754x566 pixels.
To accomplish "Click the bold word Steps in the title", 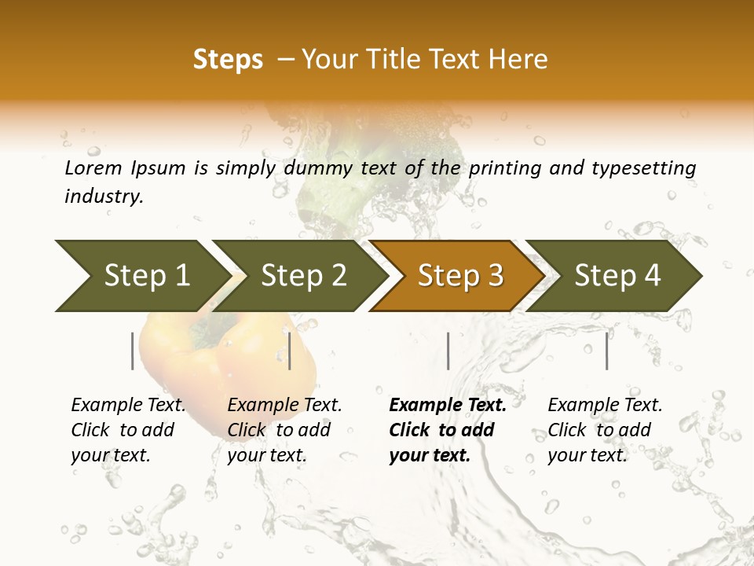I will [x=228, y=60].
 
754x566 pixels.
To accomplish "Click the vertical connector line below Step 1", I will [x=133, y=351].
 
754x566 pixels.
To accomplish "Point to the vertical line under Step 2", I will [x=290, y=351].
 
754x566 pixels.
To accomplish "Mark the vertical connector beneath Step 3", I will [x=448, y=351].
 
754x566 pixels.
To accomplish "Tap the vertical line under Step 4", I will [x=607, y=351].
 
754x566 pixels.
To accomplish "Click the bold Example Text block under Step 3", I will [x=448, y=430].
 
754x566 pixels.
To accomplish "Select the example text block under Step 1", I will [x=128, y=430].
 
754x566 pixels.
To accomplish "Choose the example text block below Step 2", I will [x=284, y=430].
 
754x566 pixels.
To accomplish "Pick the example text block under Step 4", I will [x=605, y=430].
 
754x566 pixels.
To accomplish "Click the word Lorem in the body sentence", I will [x=93, y=168].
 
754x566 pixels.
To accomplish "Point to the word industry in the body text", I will [x=104, y=197].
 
